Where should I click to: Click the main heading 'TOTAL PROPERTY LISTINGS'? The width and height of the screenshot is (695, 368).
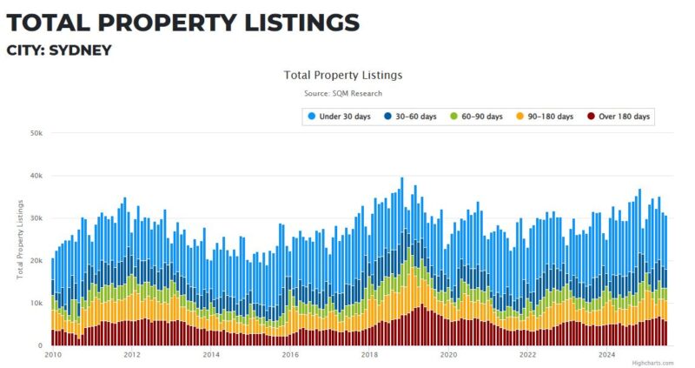[x=182, y=21]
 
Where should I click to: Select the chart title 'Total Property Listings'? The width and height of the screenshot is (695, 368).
[x=343, y=76]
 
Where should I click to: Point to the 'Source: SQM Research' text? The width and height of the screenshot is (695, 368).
[x=343, y=93]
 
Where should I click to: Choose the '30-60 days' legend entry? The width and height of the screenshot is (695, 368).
[x=410, y=117]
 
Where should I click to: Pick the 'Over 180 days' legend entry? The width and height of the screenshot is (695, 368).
[x=619, y=117]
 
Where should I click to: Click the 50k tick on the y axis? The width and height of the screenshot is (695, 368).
[x=36, y=133]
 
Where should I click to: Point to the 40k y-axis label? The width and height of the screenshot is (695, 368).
[x=36, y=176]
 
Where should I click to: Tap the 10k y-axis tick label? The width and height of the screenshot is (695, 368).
[x=36, y=304]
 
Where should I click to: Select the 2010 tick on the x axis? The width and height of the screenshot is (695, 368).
[x=53, y=355]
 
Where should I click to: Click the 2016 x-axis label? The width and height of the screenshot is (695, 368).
[x=290, y=355]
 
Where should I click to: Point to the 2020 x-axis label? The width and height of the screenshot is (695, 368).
[x=448, y=355]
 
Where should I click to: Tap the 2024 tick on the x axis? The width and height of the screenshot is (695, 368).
[x=607, y=355]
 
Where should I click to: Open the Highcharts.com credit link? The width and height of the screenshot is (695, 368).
[x=652, y=363]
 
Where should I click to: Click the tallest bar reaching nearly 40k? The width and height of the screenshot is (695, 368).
[x=401, y=261]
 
